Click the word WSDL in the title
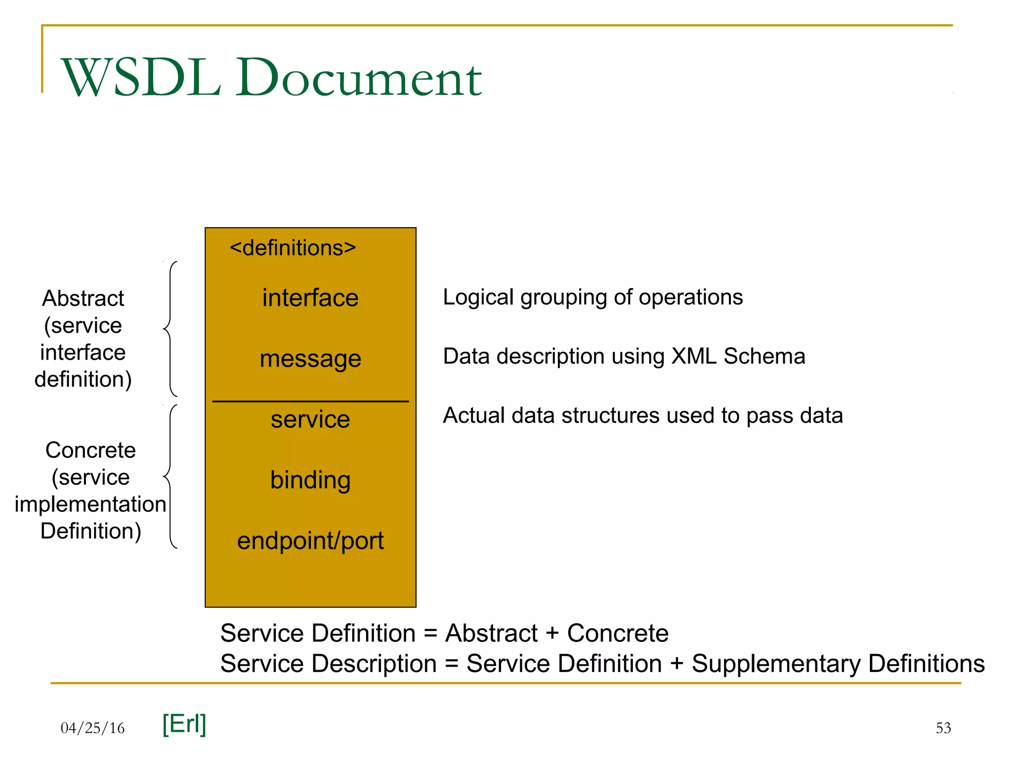click(141, 78)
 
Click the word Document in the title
click(358, 78)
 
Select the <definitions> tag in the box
click(293, 248)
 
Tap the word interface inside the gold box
click(310, 298)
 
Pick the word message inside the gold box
click(310, 359)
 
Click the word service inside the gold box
click(310, 420)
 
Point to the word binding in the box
click(310, 480)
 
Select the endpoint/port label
click(310, 541)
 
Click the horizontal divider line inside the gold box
click(310, 401)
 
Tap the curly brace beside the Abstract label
click(169, 329)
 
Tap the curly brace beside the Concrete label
click(169, 476)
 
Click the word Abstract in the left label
click(83, 298)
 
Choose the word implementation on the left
click(90, 504)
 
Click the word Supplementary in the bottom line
click(776, 664)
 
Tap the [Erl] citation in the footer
click(184, 724)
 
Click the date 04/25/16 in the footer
click(92, 728)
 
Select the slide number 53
click(943, 728)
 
